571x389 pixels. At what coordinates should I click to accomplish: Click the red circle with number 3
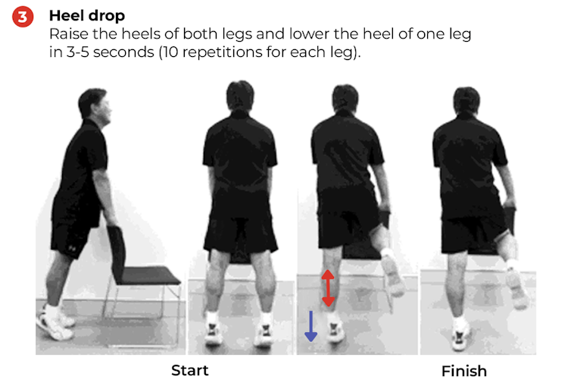click(x=23, y=17)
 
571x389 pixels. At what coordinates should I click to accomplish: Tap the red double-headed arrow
click(x=328, y=288)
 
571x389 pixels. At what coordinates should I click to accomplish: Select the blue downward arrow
click(x=310, y=325)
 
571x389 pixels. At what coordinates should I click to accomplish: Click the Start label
click(x=189, y=371)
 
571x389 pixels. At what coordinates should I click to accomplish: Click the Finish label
click(x=464, y=371)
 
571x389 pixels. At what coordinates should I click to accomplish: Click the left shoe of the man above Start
click(x=214, y=333)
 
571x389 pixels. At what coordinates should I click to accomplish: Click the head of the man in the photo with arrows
click(x=345, y=97)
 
